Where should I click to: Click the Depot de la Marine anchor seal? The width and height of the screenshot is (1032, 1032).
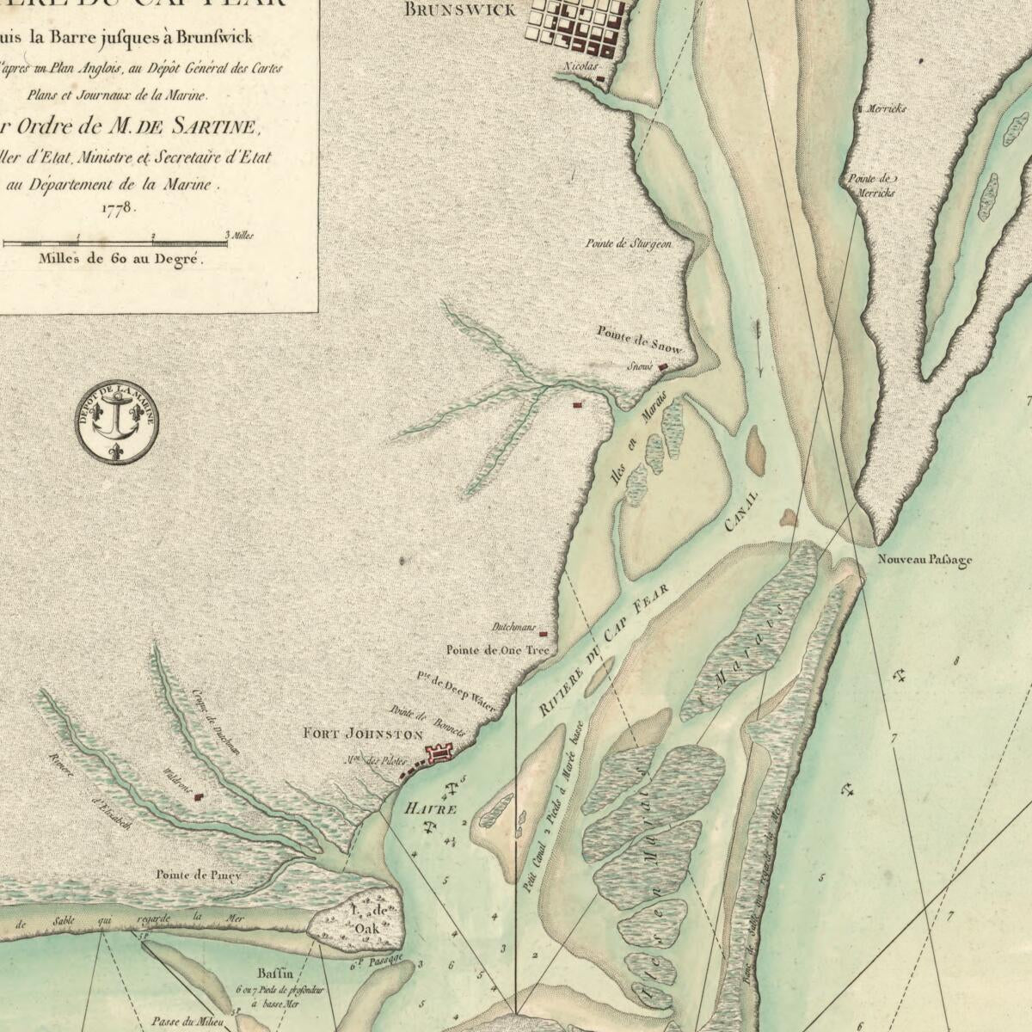tap(116, 421)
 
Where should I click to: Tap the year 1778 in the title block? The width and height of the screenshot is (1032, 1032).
tap(119, 207)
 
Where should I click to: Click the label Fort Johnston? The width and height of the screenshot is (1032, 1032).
tap(363, 734)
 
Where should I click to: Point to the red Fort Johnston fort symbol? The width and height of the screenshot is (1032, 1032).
tap(438, 755)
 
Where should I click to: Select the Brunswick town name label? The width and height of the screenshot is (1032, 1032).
tap(459, 10)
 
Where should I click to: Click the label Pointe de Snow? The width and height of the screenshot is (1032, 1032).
tap(639, 340)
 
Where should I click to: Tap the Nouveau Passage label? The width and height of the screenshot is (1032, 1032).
tap(924, 561)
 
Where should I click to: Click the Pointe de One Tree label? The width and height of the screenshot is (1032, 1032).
tap(496, 650)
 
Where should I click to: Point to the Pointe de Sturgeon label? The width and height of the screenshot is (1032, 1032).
tap(628, 244)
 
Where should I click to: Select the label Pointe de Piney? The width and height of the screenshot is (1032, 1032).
tap(198, 875)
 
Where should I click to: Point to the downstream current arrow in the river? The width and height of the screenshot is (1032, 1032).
tap(759, 348)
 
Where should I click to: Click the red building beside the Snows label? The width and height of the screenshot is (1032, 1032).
tap(662, 367)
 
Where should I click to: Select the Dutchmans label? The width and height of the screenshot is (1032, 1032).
tap(514, 628)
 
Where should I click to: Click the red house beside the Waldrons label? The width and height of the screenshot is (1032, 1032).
tap(200, 797)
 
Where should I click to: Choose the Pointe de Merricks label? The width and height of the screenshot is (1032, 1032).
tap(871, 186)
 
